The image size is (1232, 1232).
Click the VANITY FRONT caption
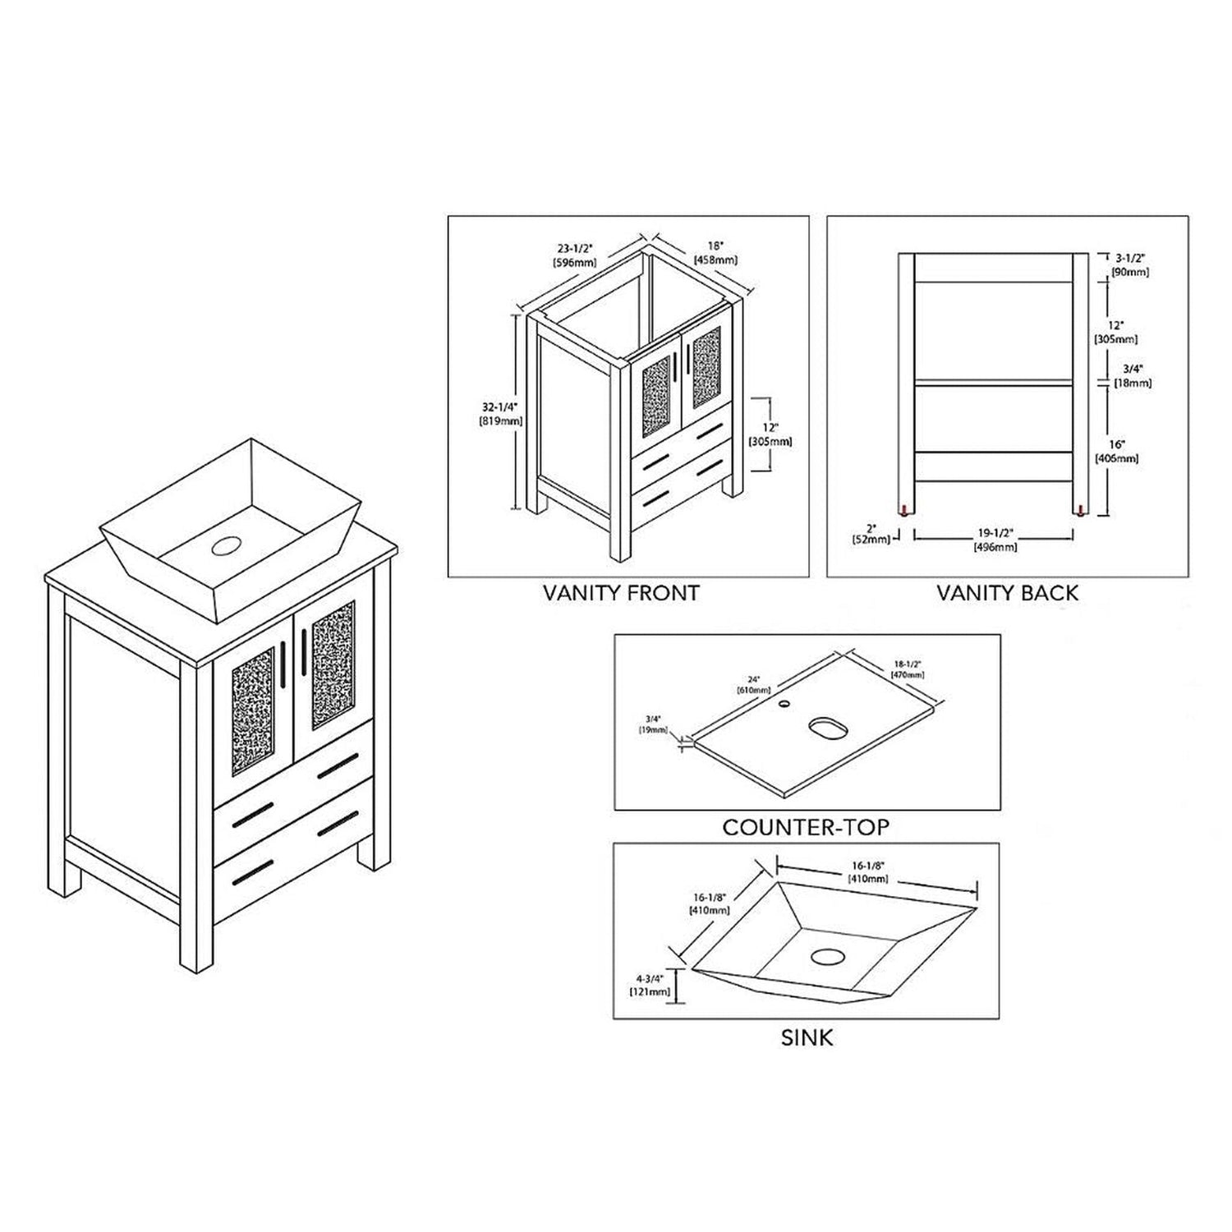coord(621,592)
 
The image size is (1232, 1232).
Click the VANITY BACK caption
coord(1008,592)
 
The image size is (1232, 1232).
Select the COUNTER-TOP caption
coord(806,826)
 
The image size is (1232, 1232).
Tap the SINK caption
coord(807,1037)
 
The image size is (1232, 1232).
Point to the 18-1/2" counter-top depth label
coord(908,669)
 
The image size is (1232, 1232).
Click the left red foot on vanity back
coord(905,509)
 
